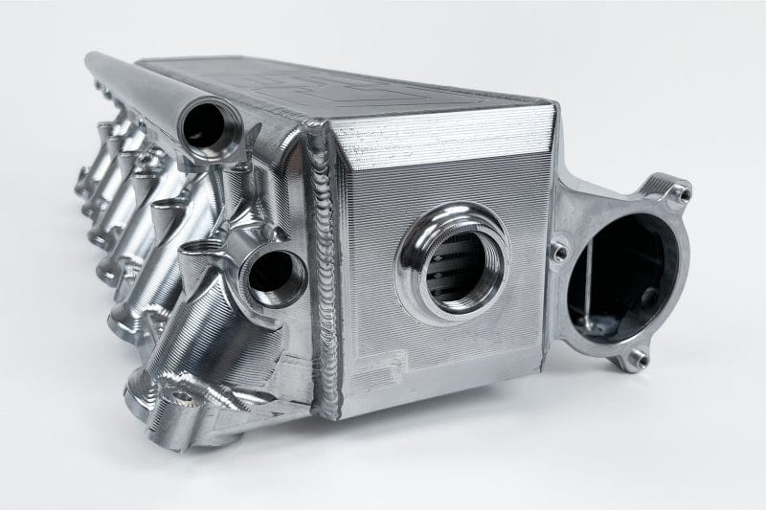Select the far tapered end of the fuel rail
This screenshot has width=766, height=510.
click(93, 60)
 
